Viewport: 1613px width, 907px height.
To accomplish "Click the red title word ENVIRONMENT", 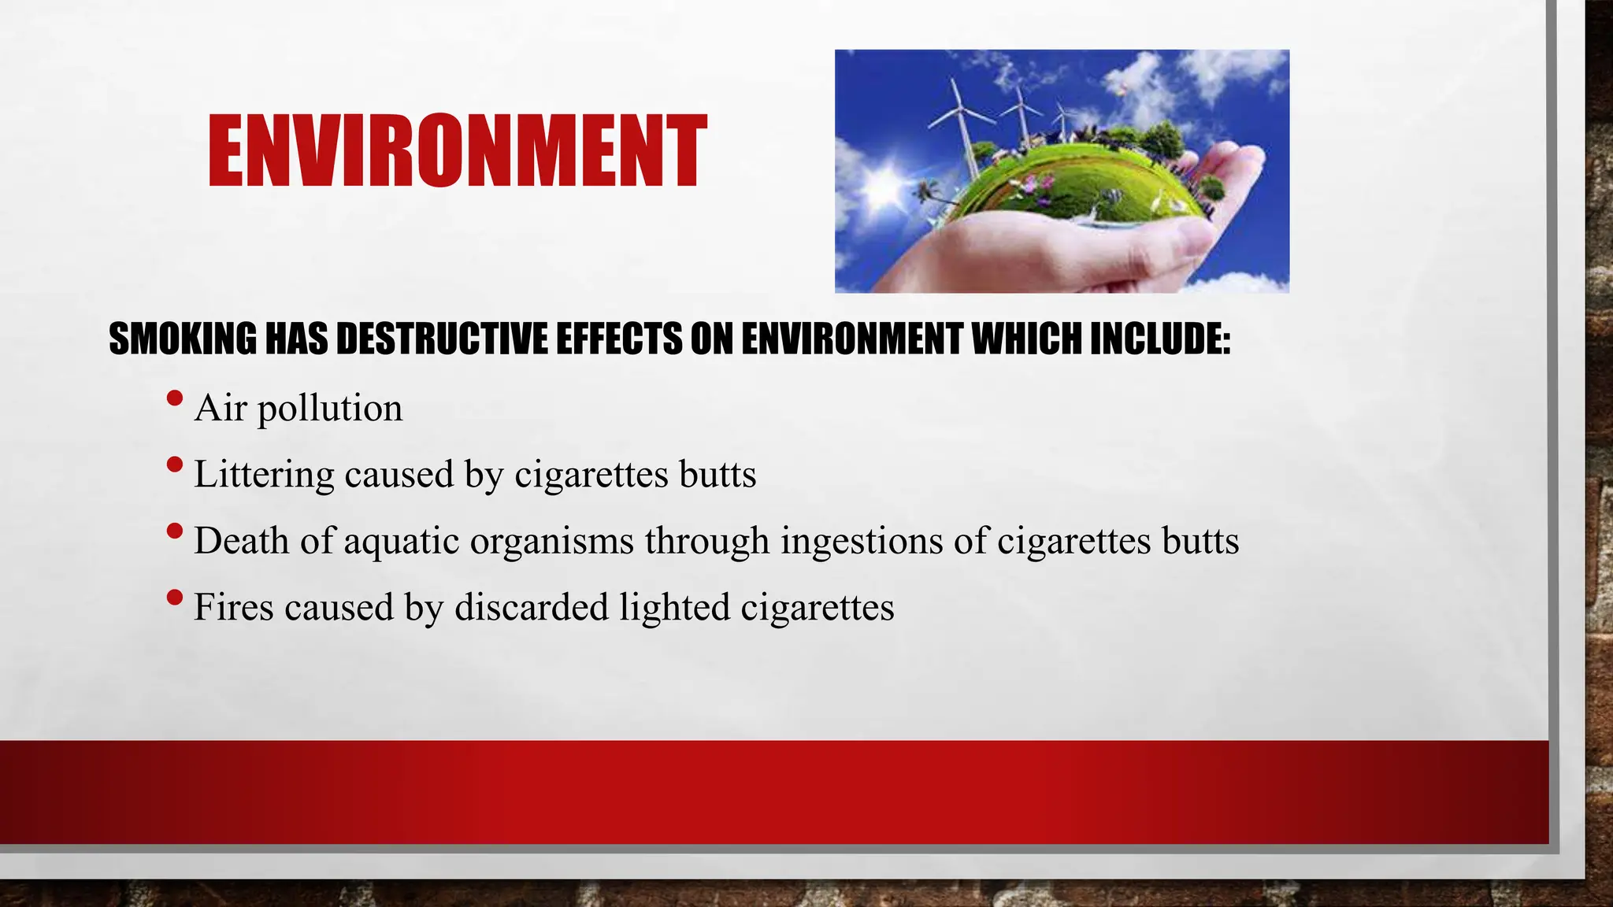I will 457,151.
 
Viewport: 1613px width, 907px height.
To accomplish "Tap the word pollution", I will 330,409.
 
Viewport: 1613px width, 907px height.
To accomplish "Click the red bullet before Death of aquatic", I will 175,531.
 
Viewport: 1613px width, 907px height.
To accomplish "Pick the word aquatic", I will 402,542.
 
